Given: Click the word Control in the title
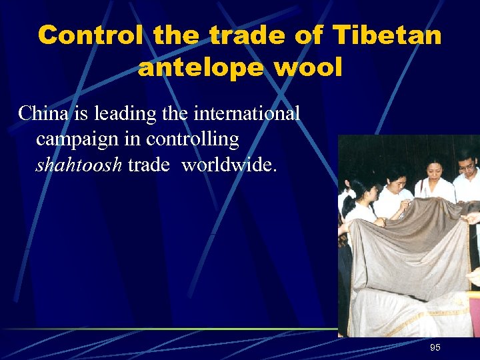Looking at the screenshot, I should (x=90, y=35).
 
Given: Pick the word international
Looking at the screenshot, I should (x=247, y=113).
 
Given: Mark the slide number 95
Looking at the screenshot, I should (x=435, y=347).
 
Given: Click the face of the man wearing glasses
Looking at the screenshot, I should (x=466, y=163).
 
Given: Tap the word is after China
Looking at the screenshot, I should (x=79, y=113).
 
